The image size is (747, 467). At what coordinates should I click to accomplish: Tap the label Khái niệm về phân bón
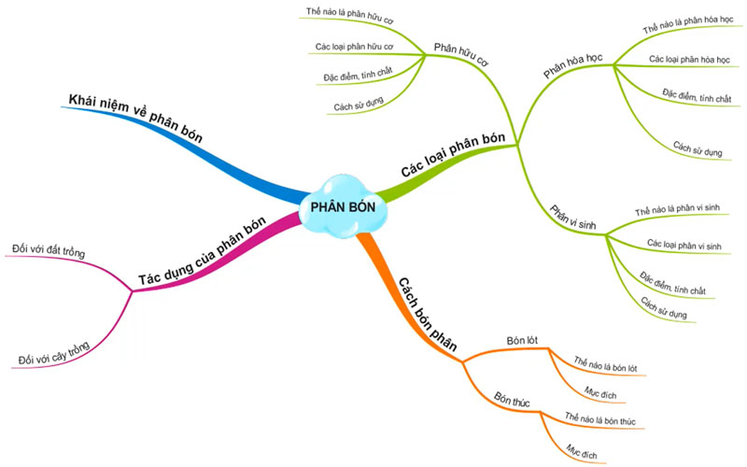coord(134,116)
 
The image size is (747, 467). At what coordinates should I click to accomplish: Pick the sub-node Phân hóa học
coord(573,65)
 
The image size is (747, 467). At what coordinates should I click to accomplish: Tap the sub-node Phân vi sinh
coord(571,219)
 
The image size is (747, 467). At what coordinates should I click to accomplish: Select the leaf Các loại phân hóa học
coord(688,59)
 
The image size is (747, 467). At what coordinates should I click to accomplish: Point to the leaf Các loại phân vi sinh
coord(684,245)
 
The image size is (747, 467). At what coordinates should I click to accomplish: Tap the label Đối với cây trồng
coord(54,354)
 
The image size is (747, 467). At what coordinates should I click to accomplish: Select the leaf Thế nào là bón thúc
coord(600,422)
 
